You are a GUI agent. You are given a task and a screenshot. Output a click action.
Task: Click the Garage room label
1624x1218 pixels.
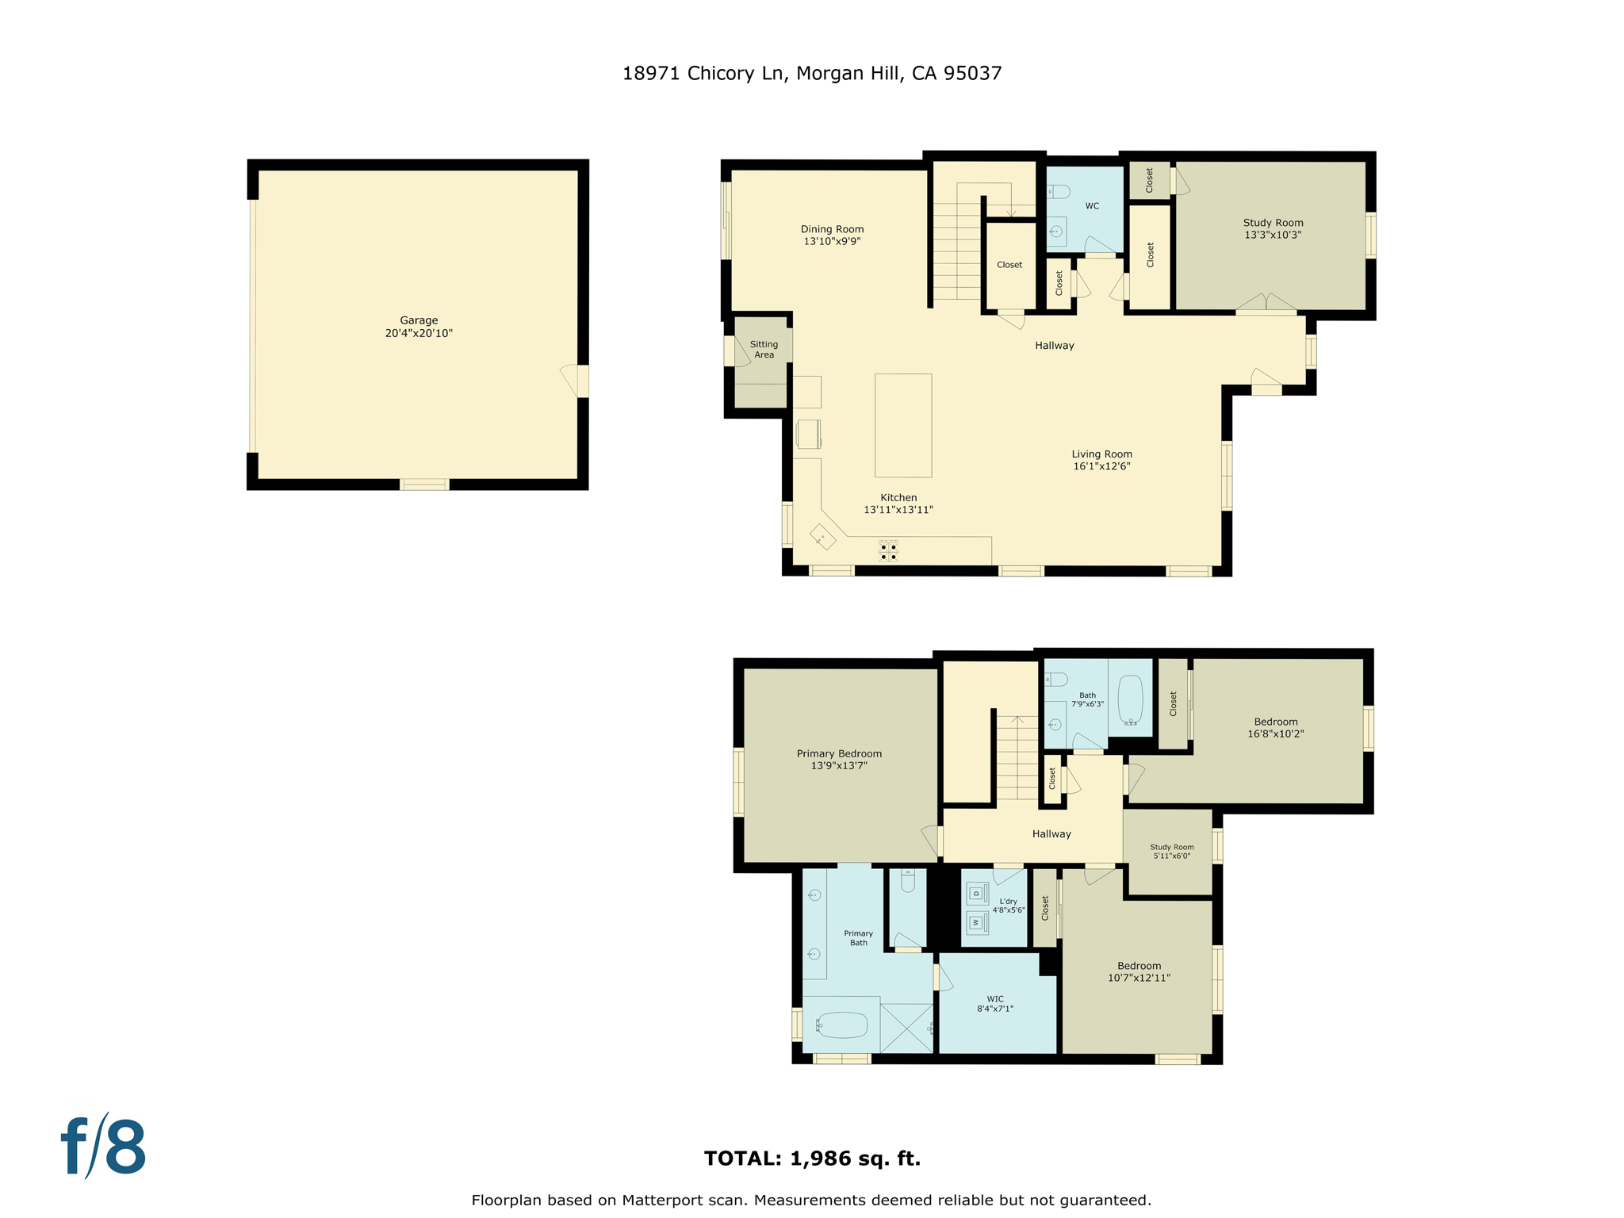pyautogui.click(x=419, y=320)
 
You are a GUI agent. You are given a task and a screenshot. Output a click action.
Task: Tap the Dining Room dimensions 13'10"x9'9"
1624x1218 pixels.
pyautogui.click(x=832, y=241)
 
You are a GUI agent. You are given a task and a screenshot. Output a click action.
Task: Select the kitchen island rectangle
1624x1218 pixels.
pyautogui.click(x=903, y=425)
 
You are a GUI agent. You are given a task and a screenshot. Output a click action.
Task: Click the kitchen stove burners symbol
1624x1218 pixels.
pyautogui.click(x=888, y=551)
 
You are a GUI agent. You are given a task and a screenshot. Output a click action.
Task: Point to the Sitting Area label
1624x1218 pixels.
pyautogui.click(x=764, y=349)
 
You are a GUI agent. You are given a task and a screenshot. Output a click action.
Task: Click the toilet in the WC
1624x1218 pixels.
pyautogui.click(x=1059, y=192)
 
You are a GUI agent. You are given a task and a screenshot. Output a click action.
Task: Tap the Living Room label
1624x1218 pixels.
pyautogui.click(x=1101, y=454)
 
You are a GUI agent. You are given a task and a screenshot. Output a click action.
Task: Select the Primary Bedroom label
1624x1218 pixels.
pyautogui.click(x=839, y=753)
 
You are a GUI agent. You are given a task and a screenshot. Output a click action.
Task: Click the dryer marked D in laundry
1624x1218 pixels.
pyautogui.click(x=977, y=894)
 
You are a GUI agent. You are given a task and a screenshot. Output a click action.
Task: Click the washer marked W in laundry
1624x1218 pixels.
pyautogui.click(x=977, y=922)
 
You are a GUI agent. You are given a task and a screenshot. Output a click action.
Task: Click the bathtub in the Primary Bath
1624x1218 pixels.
pyautogui.click(x=842, y=1025)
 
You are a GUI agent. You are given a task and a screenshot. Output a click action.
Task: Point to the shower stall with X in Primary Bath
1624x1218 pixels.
pyautogui.click(x=906, y=1028)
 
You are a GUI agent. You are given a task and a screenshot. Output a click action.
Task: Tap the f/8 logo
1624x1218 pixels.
pyautogui.click(x=104, y=1147)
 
